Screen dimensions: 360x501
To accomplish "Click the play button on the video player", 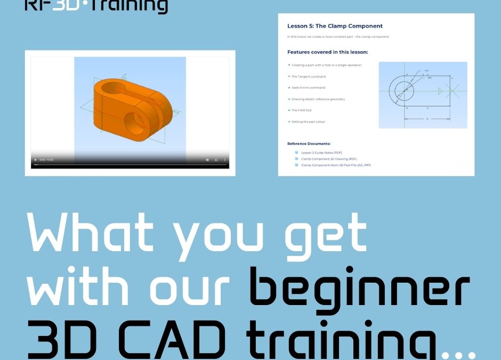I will click(x=35, y=160).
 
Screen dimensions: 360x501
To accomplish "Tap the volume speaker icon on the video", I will click(x=207, y=160).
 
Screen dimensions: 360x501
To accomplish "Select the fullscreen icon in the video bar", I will click(x=216, y=160).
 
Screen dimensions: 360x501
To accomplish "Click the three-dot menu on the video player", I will click(x=224, y=160).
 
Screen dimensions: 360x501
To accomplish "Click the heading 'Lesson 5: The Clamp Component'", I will click(x=335, y=26).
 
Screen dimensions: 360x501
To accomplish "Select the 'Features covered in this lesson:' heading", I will click(x=327, y=52).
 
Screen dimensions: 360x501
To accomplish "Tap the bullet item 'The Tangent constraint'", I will click(x=309, y=76).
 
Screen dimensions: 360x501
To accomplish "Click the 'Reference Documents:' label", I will click(x=309, y=143).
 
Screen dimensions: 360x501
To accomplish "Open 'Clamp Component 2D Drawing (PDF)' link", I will click(x=329, y=159).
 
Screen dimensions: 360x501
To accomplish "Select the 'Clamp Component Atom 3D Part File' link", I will click(x=336, y=165).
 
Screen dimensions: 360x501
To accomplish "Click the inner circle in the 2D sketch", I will click(x=407, y=90).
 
